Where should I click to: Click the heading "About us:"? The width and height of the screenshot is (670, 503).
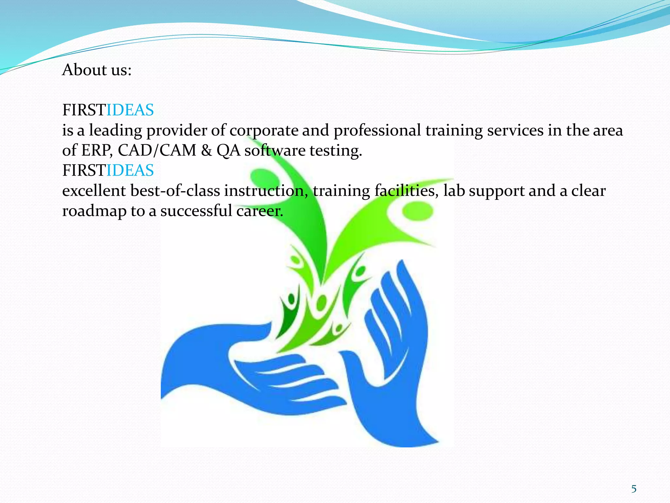[x=97, y=70]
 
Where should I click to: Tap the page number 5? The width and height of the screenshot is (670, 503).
[x=634, y=489]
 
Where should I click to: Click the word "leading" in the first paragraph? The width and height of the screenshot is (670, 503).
[x=115, y=131]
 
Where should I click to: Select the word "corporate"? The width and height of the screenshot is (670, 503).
[x=264, y=131]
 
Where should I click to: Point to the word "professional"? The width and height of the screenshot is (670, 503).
[x=377, y=131]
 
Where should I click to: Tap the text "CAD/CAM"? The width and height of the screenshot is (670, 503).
[x=157, y=151]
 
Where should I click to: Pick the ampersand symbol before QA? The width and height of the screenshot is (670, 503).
[x=206, y=151]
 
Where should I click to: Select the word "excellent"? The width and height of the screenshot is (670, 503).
[x=94, y=191]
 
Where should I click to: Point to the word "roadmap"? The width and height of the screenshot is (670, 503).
[x=94, y=211]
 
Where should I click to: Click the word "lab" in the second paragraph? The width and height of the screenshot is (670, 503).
[x=454, y=191]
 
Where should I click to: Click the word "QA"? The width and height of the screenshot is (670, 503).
[x=228, y=151]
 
